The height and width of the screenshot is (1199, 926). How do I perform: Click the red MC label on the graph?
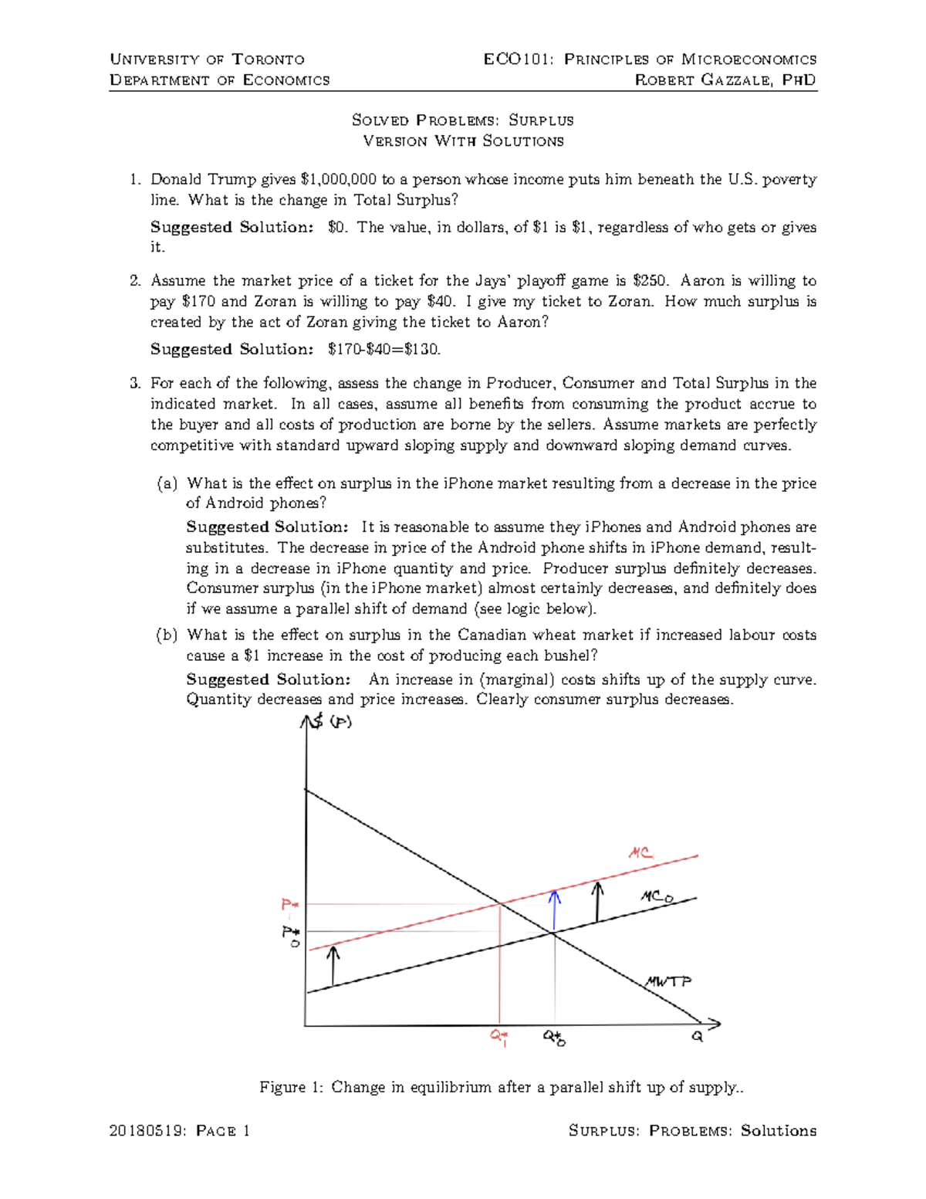tap(640, 853)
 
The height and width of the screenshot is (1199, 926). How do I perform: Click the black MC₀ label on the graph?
tap(657, 897)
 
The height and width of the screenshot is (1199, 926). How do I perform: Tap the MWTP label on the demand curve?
tap(668, 981)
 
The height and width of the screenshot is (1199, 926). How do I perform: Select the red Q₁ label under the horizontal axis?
tap(499, 1037)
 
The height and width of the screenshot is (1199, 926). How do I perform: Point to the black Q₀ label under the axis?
tap(554, 1038)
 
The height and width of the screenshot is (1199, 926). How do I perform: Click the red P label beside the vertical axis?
tap(289, 904)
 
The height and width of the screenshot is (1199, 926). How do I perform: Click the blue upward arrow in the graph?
tap(554, 909)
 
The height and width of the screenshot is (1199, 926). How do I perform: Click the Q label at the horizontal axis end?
tap(697, 1037)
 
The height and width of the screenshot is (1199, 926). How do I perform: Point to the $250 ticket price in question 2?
tap(647, 281)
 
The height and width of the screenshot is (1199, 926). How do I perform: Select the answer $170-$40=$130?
tap(384, 350)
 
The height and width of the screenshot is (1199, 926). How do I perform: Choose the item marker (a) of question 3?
tap(167, 484)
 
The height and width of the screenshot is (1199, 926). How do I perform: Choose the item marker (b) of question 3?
tap(167, 635)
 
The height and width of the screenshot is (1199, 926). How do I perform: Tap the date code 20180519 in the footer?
tap(147, 1131)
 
